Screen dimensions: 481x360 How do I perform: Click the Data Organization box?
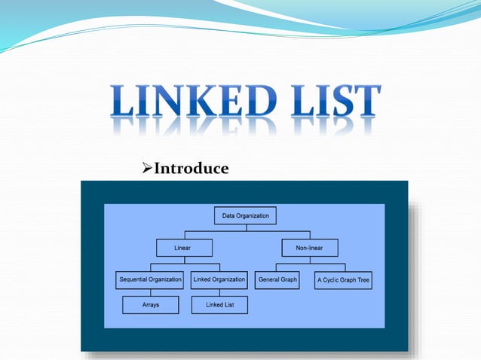[245, 216]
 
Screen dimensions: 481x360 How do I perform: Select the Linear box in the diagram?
[184, 248]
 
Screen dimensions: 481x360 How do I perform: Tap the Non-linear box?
[309, 248]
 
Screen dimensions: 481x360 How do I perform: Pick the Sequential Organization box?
[150, 279]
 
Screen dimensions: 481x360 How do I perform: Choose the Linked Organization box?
[219, 279]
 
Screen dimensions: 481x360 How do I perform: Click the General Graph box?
[277, 279]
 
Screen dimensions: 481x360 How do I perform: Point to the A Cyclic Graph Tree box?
[343, 280]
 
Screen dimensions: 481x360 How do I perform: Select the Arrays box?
[151, 305]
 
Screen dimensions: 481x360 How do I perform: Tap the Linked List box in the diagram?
[219, 305]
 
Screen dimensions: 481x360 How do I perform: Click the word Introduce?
[191, 169]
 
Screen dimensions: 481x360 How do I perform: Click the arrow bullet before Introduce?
[147, 169]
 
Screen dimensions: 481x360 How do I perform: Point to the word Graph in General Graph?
[288, 279]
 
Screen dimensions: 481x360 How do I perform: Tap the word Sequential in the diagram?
[134, 279]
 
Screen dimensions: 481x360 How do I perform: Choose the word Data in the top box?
[228, 216]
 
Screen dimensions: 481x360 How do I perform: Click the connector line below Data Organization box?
[245, 228]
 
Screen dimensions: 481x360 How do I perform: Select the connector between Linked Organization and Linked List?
[219, 292]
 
